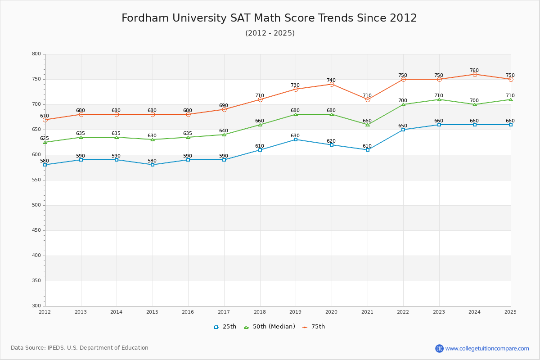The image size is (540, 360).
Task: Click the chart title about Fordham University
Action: click(x=269, y=18)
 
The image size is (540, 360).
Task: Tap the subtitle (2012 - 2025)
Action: click(x=270, y=33)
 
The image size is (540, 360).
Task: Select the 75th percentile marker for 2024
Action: click(x=475, y=74)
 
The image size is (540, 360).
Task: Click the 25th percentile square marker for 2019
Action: click(x=296, y=139)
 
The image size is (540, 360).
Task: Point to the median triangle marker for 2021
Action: click(x=368, y=125)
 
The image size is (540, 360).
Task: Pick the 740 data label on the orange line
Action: click(x=331, y=81)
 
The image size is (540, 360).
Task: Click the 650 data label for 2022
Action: click(x=402, y=126)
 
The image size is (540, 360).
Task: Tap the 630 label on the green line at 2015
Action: click(x=152, y=136)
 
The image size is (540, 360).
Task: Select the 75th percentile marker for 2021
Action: click(x=368, y=99)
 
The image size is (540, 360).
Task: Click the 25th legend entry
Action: click(x=225, y=327)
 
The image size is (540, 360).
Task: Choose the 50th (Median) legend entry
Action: click(x=269, y=327)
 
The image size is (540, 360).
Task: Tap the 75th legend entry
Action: click(x=314, y=327)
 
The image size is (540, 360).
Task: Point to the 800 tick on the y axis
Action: click(x=36, y=54)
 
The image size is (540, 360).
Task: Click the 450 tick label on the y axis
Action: click(x=36, y=230)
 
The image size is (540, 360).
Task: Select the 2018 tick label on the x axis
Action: click(x=260, y=311)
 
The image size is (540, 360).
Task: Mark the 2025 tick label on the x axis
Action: click(x=510, y=311)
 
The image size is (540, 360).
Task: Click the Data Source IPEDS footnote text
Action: click(x=80, y=348)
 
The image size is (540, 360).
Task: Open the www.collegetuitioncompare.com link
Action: click(x=487, y=348)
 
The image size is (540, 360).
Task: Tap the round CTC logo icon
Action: click(x=439, y=348)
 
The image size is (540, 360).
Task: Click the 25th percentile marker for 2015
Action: click(x=153, y=165)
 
